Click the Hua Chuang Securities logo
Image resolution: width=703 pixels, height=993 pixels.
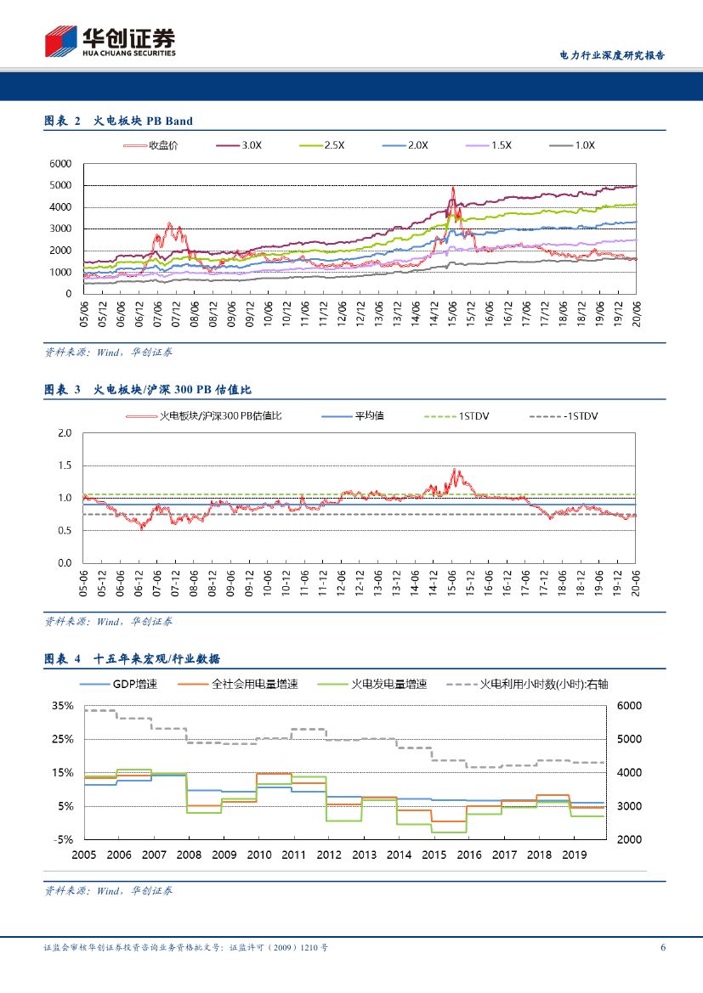click(x=110, y=41)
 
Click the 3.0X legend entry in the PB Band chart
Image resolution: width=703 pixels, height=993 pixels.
click(x=251, y=145)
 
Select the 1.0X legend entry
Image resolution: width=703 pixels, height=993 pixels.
click(x=584, y=145)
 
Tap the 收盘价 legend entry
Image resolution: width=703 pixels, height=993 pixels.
click(x=164, y=145)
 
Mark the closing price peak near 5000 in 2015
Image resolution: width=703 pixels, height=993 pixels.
click(x=453, y=188)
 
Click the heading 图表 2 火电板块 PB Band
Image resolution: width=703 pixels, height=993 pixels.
click(x=119, y=121)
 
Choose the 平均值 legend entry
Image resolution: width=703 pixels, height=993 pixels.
click(x=369, y=416)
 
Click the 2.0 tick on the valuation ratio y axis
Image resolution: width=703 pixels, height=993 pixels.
click(x=65, y=433)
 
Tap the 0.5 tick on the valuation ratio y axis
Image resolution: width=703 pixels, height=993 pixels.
click(x=65, y=531)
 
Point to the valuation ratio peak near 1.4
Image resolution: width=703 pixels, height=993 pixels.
click(x=455, y=470)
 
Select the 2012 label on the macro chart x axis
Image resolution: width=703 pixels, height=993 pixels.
click(x=328, y=855)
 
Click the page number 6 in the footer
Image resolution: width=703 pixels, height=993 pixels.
click(x=662, y=948)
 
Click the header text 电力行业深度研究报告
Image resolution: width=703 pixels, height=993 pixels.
click(x=612, y=55)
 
